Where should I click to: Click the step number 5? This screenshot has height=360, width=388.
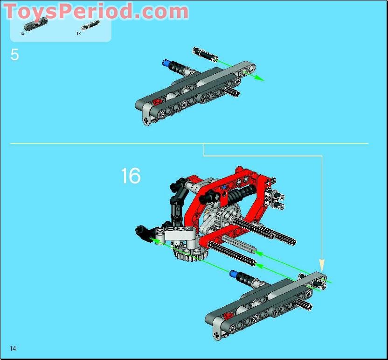(15, 55)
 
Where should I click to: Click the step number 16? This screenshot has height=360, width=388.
(131, 176)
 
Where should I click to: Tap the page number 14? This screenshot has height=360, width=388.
(13, 348)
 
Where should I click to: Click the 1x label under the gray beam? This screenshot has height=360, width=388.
(22, 34)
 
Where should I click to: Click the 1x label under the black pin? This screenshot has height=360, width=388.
(79, 34)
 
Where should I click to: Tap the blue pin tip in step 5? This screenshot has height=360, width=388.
(165, 63)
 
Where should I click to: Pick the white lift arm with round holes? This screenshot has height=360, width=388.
(179, 236)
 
